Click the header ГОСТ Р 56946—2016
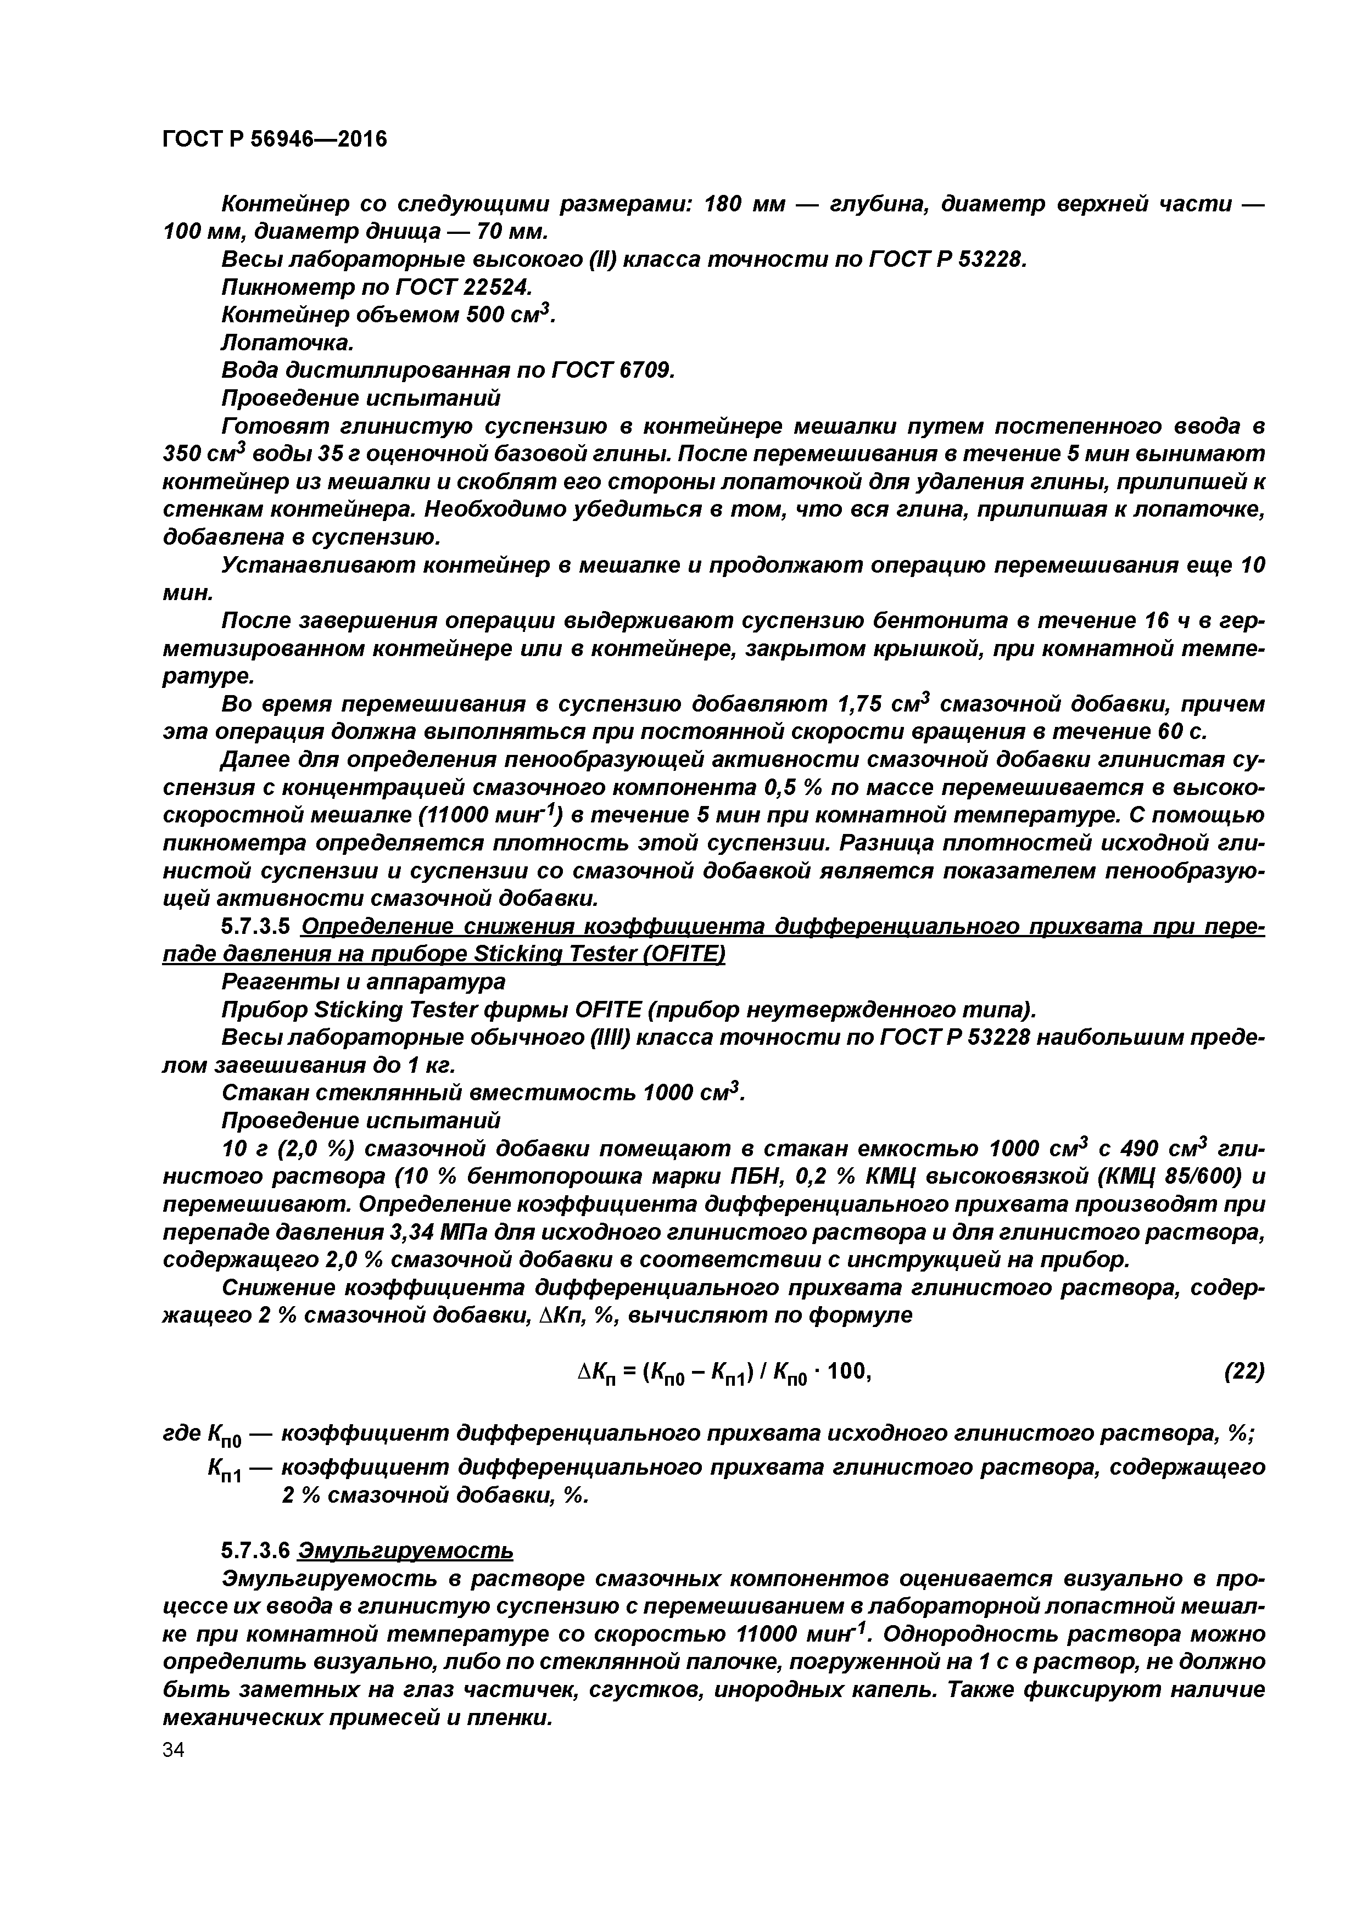click(275, 139)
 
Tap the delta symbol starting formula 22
click(585, 1371)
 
